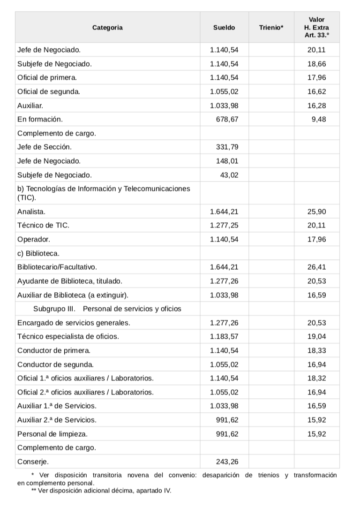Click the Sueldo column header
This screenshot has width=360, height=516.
[x=224, y=28]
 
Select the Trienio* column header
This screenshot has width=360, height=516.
[x=271, y=28]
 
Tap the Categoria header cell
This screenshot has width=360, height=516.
[x=107, y=28]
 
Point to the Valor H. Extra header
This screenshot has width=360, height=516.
[x=316, y=28]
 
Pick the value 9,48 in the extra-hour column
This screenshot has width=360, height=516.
[x=318, y=119]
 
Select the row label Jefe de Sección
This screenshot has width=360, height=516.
[x=45, y=147]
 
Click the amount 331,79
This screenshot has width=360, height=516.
[x=227, y=147]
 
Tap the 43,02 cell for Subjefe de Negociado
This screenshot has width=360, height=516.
[x=229, y=175]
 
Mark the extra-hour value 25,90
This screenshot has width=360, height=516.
[x=316, y=212]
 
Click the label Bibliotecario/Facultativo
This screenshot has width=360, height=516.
[x=57, y=267]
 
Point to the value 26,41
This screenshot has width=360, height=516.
[x=316, y=267]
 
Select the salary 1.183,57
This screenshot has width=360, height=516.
[x=224, y=336]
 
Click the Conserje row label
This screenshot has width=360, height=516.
[x=30, y=461]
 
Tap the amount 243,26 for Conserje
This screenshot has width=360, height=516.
[x=227, y=461]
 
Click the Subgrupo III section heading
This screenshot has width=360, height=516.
[x=107, y=309]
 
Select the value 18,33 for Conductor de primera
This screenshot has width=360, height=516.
[x=316, y=350]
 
